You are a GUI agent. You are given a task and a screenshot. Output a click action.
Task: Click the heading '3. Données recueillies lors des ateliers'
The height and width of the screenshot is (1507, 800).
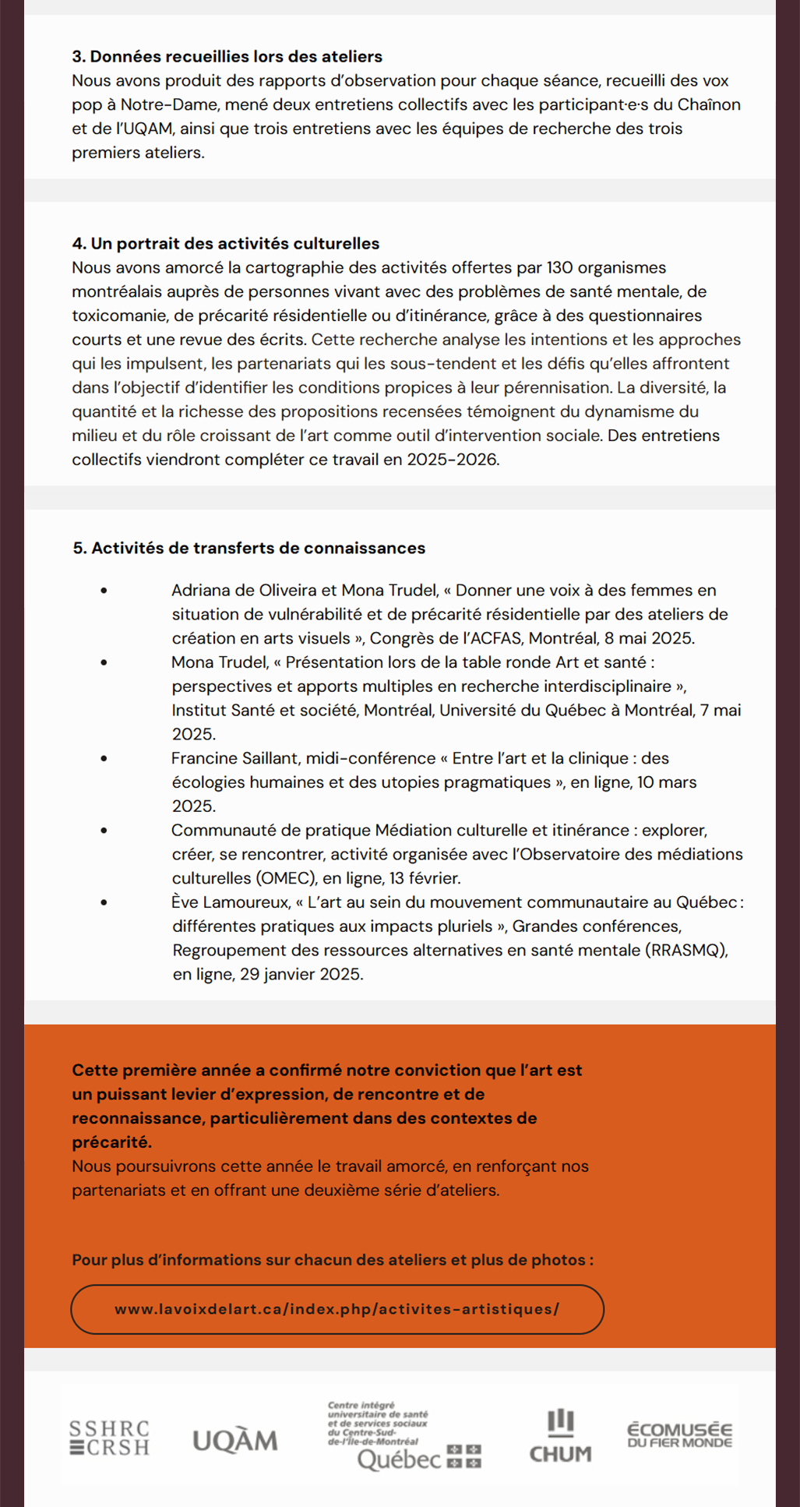coord(227,57)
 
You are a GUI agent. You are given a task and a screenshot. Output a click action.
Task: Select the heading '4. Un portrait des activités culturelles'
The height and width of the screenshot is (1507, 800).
coord(226,244)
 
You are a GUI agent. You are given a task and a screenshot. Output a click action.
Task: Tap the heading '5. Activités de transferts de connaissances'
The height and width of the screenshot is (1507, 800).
coord(249,548)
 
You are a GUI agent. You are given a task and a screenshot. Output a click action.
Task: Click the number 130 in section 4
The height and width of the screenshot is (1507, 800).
coord(560,268)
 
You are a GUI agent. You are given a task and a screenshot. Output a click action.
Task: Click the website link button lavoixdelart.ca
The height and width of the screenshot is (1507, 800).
coord(337,1309)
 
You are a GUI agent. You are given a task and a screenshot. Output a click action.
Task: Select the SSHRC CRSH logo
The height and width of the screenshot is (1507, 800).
coord(109,1438)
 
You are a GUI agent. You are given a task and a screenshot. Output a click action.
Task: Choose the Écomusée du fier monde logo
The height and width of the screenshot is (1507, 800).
coord(679,1435)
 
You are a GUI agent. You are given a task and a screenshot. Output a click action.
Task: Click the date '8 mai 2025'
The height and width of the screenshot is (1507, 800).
coord(649,638)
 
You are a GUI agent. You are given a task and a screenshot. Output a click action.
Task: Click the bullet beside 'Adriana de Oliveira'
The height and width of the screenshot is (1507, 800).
coord(104,591)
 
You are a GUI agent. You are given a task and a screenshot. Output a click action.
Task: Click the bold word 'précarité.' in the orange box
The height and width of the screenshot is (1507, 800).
coord(112,1142)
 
